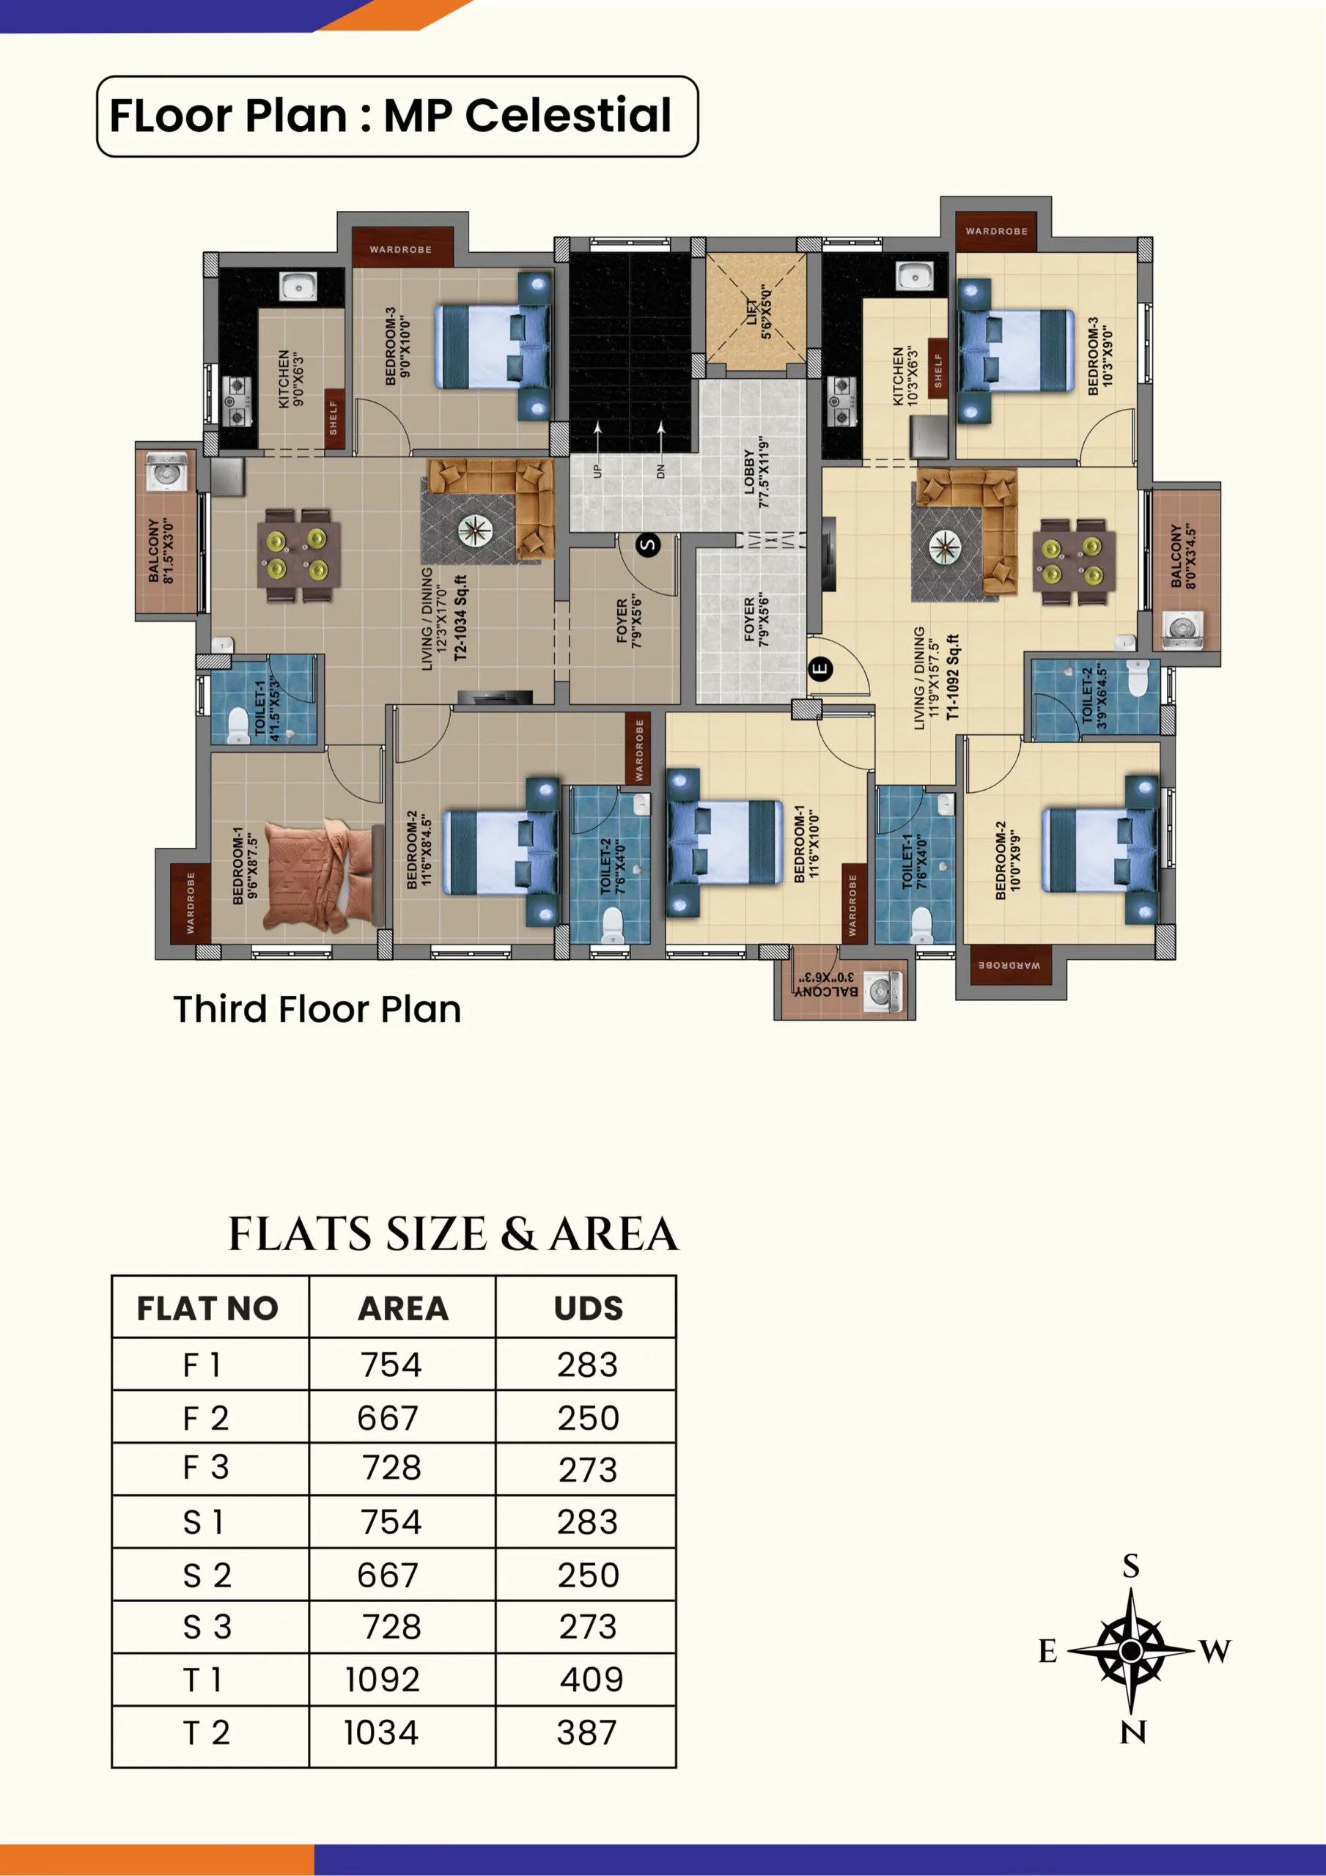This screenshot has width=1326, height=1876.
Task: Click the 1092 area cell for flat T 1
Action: click(382, 1680)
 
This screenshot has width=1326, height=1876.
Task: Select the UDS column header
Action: click(589, 1309)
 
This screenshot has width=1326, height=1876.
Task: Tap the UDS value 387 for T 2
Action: click(587, 1732)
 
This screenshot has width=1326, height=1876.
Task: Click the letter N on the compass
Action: click(1132, 1732)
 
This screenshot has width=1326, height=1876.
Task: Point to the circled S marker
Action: click(648, 545)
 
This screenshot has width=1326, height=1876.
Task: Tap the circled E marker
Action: click(820, 669)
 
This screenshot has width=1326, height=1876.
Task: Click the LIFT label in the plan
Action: click(752, 311)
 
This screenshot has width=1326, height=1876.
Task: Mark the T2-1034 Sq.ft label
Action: click(461, 618)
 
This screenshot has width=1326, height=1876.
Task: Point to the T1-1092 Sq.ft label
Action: click(953, 676)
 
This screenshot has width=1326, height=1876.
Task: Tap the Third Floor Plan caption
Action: click(317, 1009)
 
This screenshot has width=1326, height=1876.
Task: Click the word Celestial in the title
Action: click(568, 115)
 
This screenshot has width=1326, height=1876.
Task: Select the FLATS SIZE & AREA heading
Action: click(453, 1234)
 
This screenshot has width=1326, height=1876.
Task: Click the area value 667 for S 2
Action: click(388, 1576)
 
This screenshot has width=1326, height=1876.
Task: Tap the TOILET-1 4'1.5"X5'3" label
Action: click(268, 709)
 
